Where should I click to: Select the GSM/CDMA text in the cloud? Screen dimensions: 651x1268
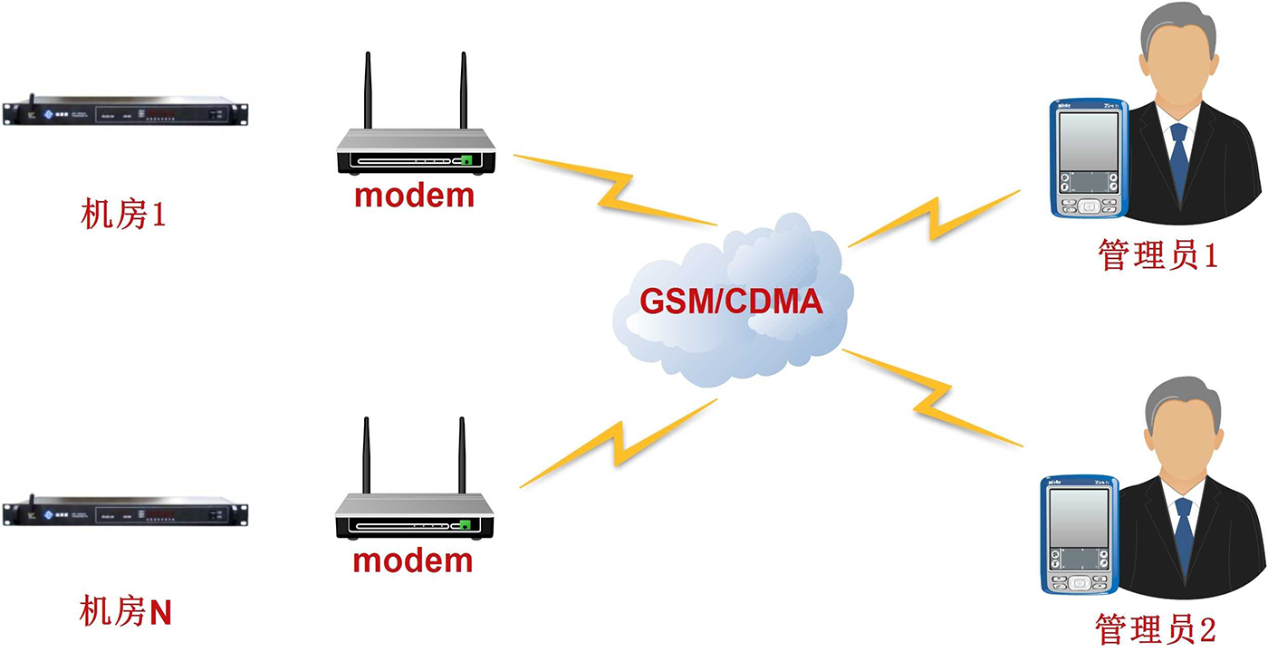coord(731,302)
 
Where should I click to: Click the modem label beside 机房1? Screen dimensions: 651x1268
coord(414,195)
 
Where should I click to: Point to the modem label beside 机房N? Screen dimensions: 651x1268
coord(413,560)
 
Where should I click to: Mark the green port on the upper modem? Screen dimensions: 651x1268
coord(466,160)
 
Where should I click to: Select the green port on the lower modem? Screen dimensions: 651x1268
coord(465,525)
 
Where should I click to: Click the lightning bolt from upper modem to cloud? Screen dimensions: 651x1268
coord(616,190)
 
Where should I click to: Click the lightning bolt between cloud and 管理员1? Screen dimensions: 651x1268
coord(933,216)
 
